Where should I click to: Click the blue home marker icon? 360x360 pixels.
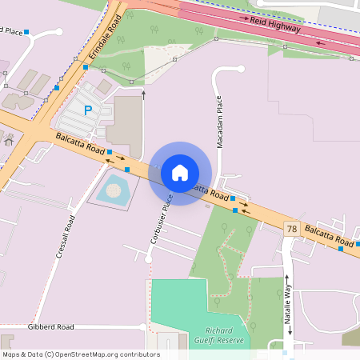tap(180, 172)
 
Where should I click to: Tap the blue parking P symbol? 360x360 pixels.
tap(88, 110)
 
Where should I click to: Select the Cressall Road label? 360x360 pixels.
tap(66, 236)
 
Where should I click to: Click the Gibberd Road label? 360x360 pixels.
tap(50, 326)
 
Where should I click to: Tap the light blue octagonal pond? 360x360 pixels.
tap(114, 190)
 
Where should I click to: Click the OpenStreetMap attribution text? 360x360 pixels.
tap(81, 354)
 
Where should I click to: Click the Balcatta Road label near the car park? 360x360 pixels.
tap(80, 144)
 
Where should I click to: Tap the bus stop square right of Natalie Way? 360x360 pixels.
tap(341, 249)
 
